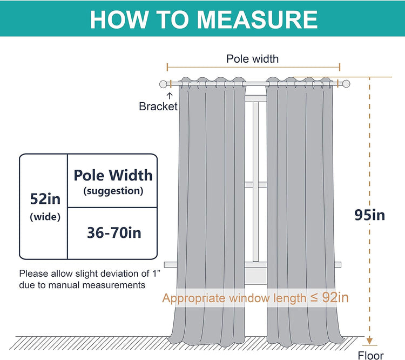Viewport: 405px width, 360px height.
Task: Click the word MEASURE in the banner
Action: [x=257, y=19]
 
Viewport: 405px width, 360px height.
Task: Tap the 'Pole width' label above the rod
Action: [x=252, y=59]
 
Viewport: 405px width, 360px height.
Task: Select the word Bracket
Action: [x=158, y=106]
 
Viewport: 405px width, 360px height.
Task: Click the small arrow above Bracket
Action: [x=170, y=96]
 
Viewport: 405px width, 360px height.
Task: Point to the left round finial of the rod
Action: [x=163, y=84]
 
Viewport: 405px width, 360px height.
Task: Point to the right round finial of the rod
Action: [x=346, y=84]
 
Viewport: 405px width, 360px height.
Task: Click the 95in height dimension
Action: [x=369, y=215]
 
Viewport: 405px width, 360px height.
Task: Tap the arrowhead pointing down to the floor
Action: [x=369, y=341]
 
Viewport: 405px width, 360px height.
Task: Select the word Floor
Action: [x=370, y=355]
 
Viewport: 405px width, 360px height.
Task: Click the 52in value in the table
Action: [x=45, y=199]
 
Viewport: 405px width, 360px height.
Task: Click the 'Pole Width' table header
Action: [x=113, y=175]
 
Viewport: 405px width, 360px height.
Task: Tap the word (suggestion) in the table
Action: [x=113, y=191]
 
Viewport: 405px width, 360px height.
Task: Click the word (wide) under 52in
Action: [x=45, y=217]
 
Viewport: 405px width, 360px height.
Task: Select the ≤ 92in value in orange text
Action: [x=329, y=297]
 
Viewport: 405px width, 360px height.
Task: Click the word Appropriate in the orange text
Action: [x=194, y=299]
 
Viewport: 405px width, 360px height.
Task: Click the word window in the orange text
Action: [x=249, y=298]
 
